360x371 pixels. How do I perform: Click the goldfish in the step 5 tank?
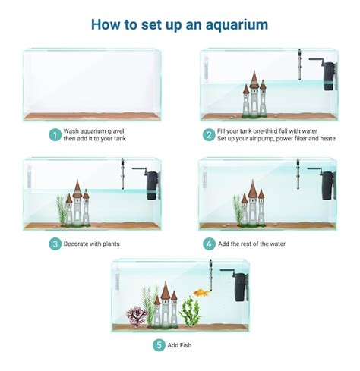pyautogui.click(x=201, y=292)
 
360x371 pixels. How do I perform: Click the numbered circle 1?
pyautogui.click(x=54, y=135)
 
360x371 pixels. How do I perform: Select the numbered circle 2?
pyautogui.click(x=208, y=135)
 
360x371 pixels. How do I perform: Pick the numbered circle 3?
pyautogui.click(x=54, y=244)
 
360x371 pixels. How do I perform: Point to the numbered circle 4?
pyautogui.click(x=208, y=244)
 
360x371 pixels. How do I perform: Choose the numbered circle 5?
pyautogui.click(x=158, y=344)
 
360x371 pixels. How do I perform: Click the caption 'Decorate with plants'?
pyautogui.click(x=92, y=244)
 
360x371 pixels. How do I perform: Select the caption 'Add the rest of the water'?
pyautogui.click(x=254, y=244)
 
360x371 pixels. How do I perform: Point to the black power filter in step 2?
pyautogui.click(x=329, y=74)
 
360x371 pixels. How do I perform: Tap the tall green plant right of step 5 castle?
pyautogui.click(x=191, y=310)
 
